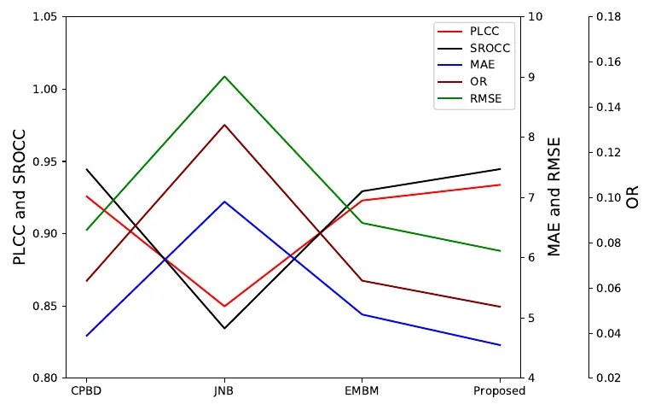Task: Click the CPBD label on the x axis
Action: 86,392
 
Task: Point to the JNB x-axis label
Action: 224,392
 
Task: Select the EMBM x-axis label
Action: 362,392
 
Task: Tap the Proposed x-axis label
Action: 499,392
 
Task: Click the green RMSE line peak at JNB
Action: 224,76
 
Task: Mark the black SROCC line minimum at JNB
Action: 224,328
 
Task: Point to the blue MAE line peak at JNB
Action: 224,202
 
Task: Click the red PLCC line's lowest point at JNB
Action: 224,306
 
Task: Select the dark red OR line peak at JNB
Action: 224,125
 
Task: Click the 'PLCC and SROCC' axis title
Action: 20,197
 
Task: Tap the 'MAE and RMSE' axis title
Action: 554,197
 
